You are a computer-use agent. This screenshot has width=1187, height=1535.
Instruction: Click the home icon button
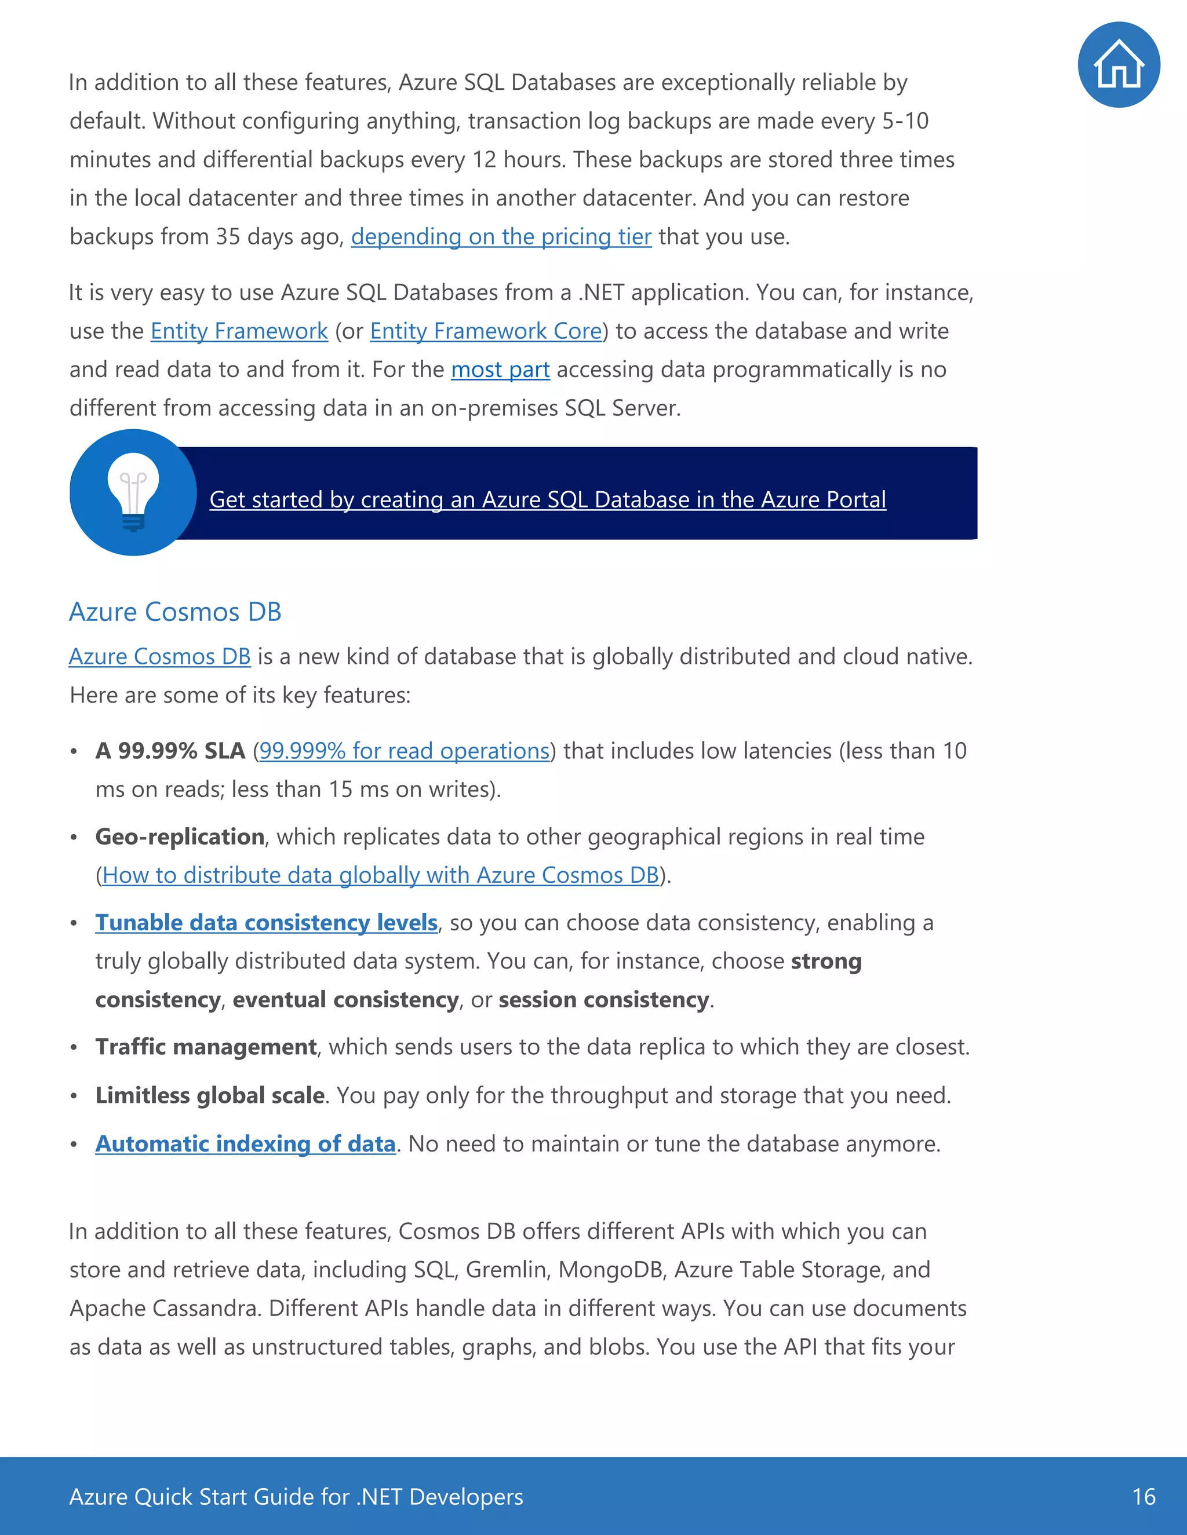(x=1118, y=65)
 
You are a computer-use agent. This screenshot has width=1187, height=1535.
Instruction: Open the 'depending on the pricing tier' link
(x=501, y=237)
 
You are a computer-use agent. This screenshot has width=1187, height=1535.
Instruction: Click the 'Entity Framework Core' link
(x=485, y=331)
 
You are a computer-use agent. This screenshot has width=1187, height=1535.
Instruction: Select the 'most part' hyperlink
(x=500, y=370)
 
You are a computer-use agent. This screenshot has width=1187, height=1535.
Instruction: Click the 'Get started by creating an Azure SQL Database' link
(x=547, y=500)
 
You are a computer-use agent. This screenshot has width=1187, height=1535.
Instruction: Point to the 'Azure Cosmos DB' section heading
(x=175, y=612)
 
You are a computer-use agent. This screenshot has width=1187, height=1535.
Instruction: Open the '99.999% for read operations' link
(x=405, y=751)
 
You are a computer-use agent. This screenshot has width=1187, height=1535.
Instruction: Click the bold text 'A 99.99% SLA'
(x=170, y=751)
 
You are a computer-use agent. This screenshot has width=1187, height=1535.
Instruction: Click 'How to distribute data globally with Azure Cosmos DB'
(x=380, y=876)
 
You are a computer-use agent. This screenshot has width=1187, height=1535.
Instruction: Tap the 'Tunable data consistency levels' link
(x=267, y=923)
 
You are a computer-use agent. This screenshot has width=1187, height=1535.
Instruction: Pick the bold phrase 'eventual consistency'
(x=345, y=1000)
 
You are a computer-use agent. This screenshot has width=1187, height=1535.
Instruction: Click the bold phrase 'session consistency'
(x=603, y=1000)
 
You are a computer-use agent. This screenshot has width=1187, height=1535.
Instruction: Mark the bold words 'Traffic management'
(x=206, y=1047)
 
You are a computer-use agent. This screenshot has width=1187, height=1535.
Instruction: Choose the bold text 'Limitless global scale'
(x=210, y=1096)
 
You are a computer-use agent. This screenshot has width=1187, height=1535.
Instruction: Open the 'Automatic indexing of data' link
(x=245, y=1144)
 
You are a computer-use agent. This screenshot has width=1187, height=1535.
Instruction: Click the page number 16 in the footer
(x=1144, y=1497)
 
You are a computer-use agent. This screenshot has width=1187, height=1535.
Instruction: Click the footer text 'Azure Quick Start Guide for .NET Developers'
(x=296, y=1497)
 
